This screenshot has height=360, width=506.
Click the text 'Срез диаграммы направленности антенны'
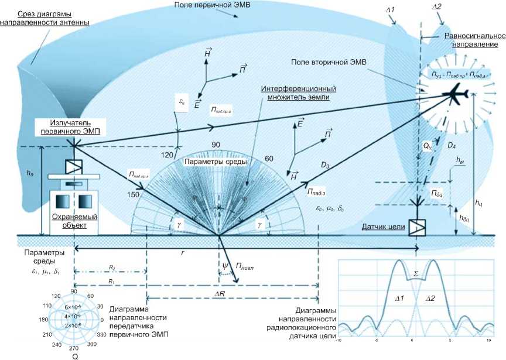[x=45, y=18]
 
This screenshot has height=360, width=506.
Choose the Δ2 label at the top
[x=436, y=6]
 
